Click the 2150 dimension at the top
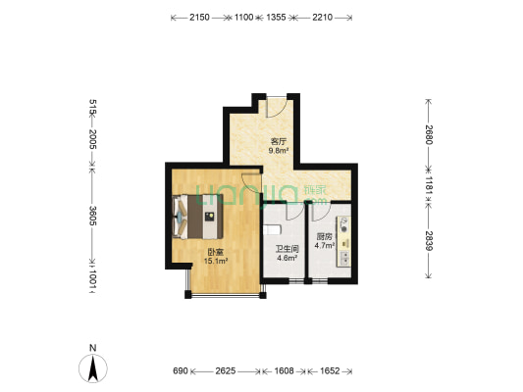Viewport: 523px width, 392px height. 199,18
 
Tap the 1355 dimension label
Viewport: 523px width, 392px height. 276,18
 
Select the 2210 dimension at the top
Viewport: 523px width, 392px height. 322,18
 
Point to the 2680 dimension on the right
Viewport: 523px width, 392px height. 429,134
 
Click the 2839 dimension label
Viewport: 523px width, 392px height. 429,241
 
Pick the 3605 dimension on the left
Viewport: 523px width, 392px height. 92,216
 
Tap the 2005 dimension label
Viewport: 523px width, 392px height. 92,139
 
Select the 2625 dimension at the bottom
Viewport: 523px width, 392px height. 226,371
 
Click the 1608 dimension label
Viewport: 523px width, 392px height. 284,371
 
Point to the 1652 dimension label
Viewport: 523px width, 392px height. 330,371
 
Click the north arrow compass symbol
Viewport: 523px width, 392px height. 93,368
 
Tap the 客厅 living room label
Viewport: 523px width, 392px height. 279,141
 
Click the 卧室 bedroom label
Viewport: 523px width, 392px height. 216,253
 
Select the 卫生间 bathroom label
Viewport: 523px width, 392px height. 287,249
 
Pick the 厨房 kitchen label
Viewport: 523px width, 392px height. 324,237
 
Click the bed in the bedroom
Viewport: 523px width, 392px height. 197,217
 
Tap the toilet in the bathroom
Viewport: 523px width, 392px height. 272,229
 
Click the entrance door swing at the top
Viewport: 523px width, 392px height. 277,107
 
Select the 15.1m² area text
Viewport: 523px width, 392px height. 216,261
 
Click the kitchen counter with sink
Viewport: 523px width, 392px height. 343,242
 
